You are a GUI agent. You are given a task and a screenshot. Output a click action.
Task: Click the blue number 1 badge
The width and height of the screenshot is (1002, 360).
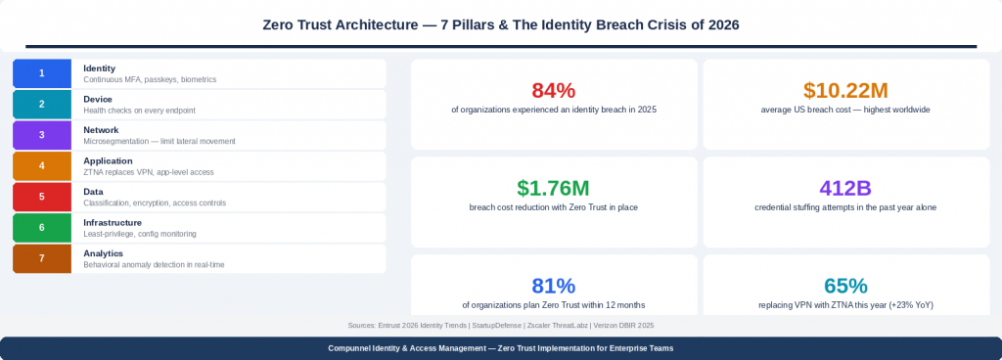click(x=41, y=73)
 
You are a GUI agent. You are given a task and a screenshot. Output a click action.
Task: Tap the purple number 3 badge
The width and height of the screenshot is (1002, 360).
click(x=41, y=135)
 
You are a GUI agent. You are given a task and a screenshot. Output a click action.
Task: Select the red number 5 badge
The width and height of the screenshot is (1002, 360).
click(x=41, y=197)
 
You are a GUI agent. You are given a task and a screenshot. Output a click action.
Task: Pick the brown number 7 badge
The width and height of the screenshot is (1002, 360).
click(x=41, y=258)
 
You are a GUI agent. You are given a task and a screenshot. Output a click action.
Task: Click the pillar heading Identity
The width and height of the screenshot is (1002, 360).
click(x=100, y=67)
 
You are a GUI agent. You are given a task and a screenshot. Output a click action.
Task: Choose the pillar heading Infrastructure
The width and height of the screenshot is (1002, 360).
click(x=113, y=222)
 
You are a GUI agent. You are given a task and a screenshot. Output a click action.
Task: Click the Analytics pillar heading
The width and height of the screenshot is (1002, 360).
click(x=103, y=253)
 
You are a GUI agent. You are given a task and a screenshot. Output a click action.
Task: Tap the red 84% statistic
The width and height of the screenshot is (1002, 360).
click(x=554, y=90)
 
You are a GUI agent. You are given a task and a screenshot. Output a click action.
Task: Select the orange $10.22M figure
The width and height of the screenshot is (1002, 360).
click(x=845, y=90)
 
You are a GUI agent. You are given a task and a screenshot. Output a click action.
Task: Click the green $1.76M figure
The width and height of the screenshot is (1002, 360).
click(x=554, y=188)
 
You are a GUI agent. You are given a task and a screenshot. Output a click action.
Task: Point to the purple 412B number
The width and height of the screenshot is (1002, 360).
click(x=845, y=188)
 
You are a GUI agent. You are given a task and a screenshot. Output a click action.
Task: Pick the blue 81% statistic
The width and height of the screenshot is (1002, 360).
click(x=554, y=286)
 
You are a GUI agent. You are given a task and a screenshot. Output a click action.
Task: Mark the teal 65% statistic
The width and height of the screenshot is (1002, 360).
click(x=845, y=286)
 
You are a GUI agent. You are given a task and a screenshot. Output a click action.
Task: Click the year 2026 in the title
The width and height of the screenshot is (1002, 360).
click(x=719, y=24)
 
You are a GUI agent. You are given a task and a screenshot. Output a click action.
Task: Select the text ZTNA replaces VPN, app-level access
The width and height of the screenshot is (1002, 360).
click(x=149, y=172)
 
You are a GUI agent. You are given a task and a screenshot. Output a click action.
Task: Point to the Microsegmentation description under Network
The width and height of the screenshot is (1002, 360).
click(x=159, y=141)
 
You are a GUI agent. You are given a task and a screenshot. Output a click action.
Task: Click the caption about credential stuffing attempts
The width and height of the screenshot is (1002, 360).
click(x=845, y=207)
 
